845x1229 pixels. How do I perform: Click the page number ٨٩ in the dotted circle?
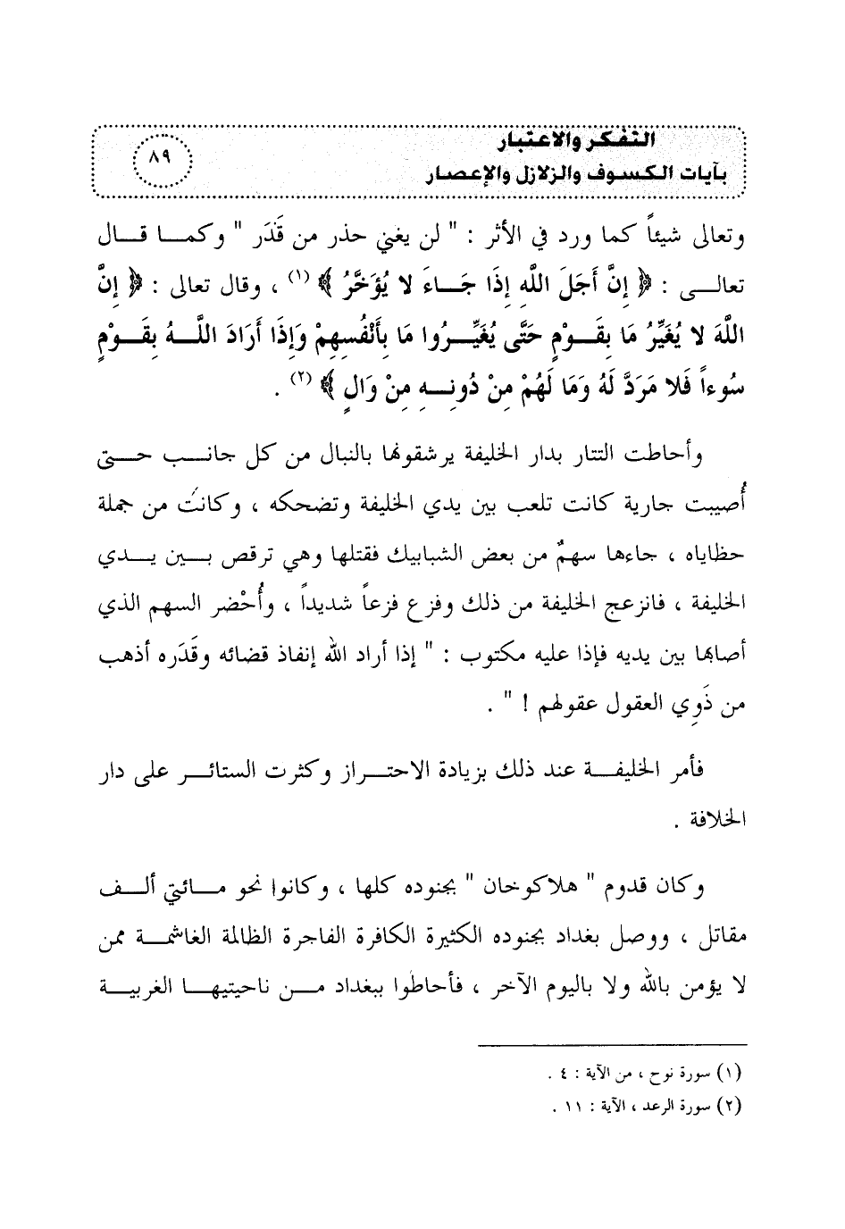pyautogui.click(x=162, y=162)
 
